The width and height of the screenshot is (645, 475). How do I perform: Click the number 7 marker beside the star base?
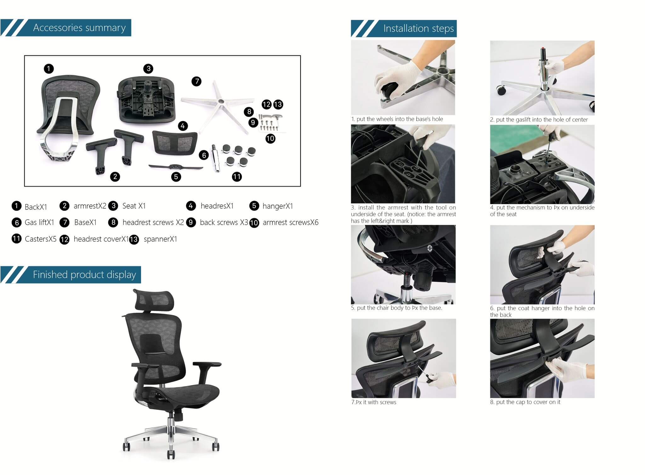click(197, 81)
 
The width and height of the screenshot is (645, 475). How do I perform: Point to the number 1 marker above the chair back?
click(49, 69)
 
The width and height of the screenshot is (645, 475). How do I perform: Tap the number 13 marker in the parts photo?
click(278, 104)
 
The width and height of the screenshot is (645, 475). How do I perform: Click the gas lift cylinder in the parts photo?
click(216, 158)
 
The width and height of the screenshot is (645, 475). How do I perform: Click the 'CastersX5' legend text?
click(40, 239)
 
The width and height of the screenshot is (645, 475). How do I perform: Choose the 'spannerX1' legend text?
click(160, 239)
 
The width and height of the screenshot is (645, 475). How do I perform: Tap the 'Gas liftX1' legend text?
click(39, 222)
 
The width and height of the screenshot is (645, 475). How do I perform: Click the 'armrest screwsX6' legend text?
click(290, 222)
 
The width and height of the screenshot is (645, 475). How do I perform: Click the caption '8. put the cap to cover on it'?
click(525, 402)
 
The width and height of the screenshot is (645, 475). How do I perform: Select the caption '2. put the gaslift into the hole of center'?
click(539, 120)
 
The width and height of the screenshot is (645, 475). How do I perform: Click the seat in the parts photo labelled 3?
click(146, 99)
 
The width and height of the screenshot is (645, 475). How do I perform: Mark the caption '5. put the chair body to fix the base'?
click(397, 308)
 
